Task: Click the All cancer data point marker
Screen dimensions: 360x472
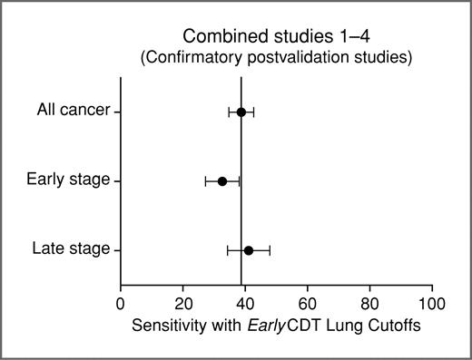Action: pos(241,112)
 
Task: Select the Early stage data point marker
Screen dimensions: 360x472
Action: pos(222,181)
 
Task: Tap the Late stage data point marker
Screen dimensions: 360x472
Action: pos(249,249)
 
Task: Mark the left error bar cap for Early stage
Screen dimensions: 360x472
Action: pos(206,181)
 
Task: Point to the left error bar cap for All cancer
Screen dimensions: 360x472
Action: pos(229,112)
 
